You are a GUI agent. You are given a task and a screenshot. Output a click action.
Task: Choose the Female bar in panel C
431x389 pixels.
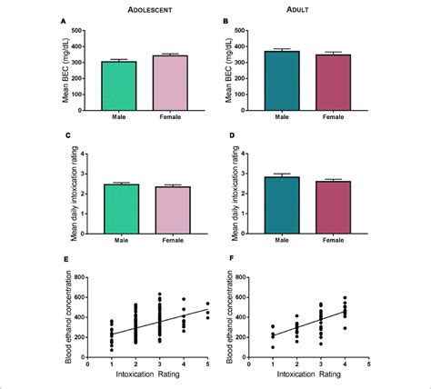(x=169, y=211)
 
